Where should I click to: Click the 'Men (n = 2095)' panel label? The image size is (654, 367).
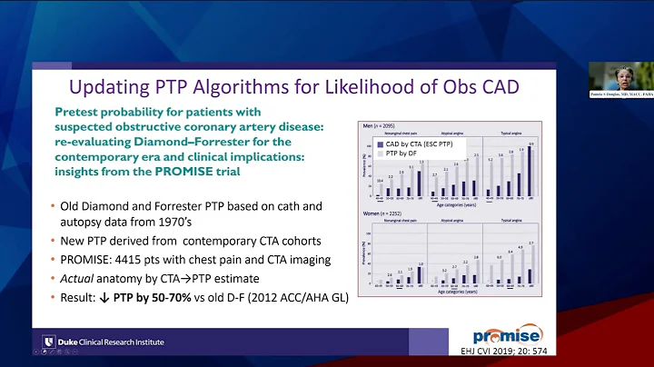point(379,125)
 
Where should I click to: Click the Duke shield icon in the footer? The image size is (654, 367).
point(48,342)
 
